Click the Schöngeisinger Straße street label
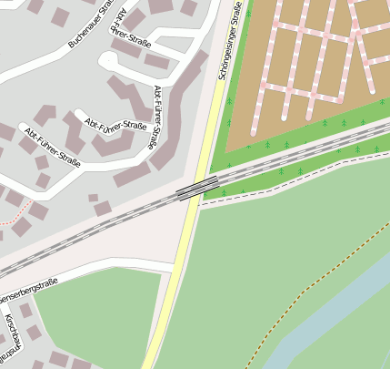pyautogui.click(x=231, y=45)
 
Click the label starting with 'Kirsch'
pyautogui.click(x=11, y=338)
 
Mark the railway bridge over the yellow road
pyautogui.click(x=197, y=188)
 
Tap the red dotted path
pyautogui.click(x=9, y=220)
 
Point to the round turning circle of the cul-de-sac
pyautogui.click(x=108, y=61)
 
